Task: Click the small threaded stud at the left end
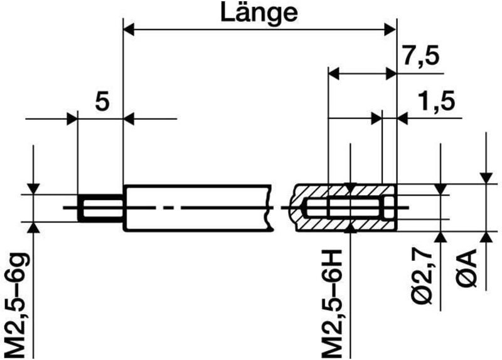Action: (x=100, y=208)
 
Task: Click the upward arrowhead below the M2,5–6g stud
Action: (x=35, y=227)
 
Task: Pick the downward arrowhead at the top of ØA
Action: (x=486, y=178)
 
